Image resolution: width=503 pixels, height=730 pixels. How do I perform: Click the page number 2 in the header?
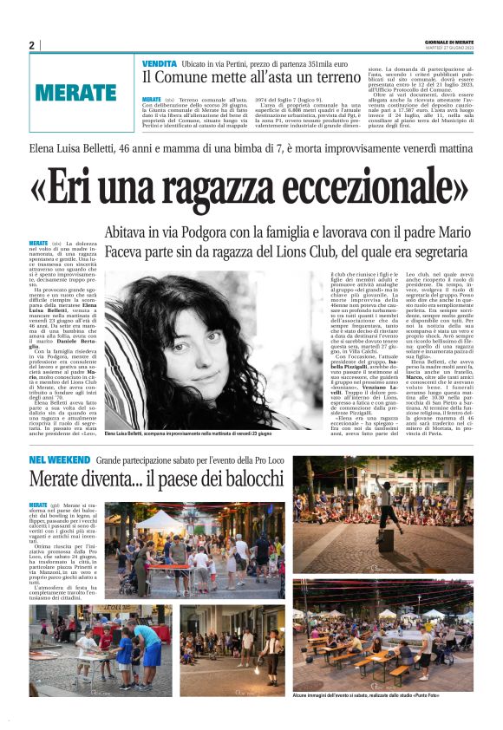(x=32, y=45)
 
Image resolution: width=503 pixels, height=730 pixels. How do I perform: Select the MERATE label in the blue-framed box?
(x=76, y=91)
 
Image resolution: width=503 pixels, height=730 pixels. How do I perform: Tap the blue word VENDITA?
(x=160, y=63)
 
